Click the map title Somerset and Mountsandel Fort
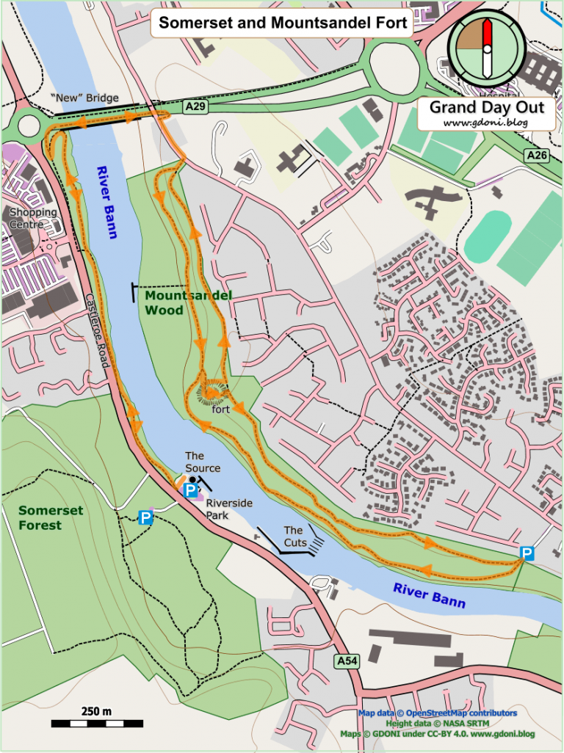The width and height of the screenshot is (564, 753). point(283,23)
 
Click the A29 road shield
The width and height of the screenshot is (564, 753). point(195,107)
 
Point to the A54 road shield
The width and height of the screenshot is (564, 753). point(347,661)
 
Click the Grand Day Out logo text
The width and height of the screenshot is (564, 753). point(486,108)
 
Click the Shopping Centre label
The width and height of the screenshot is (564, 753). point(32,218)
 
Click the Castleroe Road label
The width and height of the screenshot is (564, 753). point(98,331)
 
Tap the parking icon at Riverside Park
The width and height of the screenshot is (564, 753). point(190,490)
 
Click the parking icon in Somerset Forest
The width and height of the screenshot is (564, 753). point(146,518)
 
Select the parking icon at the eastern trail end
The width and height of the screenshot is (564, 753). point(527,553)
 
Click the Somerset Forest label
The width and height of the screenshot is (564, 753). point(51,517)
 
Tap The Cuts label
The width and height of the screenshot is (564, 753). point(294,536)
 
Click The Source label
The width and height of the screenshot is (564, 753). point(202,462)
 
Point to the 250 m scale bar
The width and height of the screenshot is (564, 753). point(96,723)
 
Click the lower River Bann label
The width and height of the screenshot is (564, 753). point(429,594)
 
